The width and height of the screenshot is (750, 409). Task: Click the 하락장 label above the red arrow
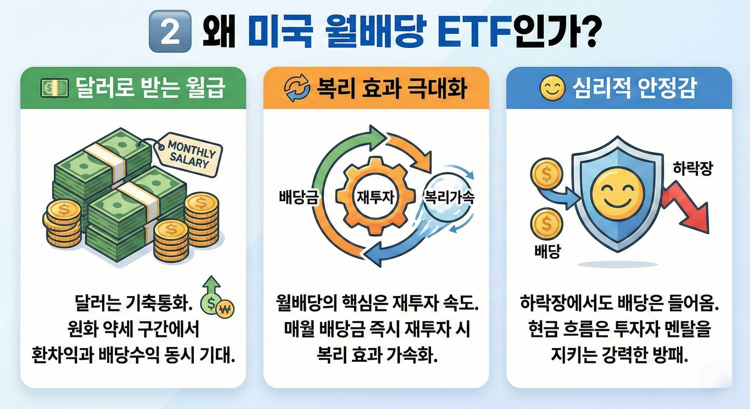(693, 169)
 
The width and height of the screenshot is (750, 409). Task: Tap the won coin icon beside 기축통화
(225, 308)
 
